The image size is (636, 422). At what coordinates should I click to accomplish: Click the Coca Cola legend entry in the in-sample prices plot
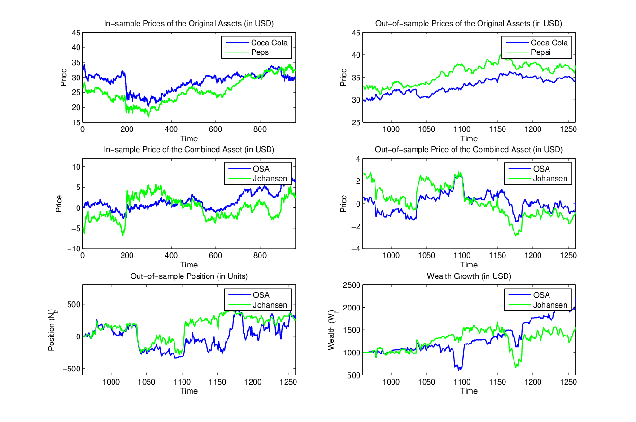click(257, 43)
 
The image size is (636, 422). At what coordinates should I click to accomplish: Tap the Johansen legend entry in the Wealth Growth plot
click(538, 305)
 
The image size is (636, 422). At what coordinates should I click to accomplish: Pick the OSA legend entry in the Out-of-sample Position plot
click(249, 295)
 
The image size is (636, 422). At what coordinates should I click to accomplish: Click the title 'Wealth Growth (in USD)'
click(469, 276)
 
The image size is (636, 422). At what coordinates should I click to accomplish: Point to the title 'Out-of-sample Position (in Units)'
click(189, 276)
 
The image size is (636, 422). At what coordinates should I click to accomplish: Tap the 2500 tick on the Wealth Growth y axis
click(351, 285)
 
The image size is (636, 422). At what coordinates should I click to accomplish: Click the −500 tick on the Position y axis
click(72, 369)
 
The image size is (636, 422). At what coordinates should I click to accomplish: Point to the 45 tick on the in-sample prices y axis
click(76, 33)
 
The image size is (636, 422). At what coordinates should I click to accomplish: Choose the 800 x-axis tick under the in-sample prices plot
click(260, 129)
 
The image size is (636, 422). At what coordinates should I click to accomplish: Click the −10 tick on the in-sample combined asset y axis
click(74, 249)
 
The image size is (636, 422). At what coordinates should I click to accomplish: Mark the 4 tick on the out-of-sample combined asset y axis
click(358, 159)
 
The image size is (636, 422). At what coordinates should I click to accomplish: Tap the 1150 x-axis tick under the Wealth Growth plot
click(497, 382)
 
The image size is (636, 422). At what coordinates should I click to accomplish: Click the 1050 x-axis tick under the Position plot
click(146, 382)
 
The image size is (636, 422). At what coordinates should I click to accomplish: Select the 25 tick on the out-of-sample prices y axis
click(356, 122)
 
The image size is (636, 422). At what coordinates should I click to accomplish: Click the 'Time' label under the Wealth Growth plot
click(469, 391)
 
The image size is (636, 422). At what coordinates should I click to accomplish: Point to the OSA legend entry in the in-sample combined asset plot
click(249, 169)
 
